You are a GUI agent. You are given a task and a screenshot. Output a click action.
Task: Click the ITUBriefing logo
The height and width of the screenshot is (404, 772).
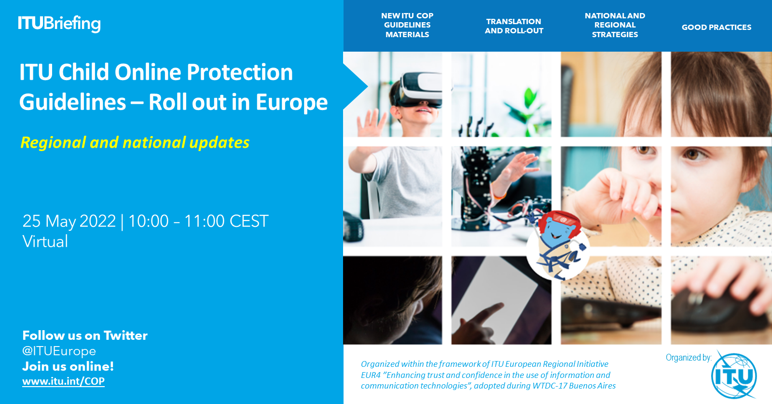click(59, 23)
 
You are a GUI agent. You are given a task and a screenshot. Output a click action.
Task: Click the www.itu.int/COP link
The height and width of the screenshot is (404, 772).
click(63, 381)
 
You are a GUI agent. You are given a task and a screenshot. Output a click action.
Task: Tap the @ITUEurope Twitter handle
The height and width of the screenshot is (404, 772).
click(59, 351)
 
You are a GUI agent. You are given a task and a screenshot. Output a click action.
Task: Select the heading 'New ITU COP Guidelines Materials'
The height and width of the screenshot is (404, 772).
click(407, 25)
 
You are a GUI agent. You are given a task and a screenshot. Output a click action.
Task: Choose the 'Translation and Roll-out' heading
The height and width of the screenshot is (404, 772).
click(514, 26)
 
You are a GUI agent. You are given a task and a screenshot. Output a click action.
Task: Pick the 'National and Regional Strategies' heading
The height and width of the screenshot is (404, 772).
click(615, 25)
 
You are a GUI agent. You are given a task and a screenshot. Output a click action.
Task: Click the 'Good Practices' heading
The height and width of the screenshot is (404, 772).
click(716, 28)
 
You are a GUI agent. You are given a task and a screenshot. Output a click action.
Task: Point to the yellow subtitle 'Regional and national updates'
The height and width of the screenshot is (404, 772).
click(135, 142)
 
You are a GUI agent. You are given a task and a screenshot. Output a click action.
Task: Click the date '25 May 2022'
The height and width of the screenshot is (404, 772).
click(69, 221)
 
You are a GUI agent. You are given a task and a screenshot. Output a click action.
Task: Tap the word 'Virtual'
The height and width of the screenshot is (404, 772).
click(45, 241)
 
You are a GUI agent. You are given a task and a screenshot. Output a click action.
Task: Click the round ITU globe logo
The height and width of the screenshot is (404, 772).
click(734, 376)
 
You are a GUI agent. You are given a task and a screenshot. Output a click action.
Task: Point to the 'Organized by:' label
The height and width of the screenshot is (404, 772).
click(688, 358)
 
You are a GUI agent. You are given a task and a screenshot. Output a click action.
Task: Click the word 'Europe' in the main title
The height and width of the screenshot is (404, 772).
click(291, 102)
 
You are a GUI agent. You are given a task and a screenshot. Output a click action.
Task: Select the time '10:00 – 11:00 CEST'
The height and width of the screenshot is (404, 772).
click(198, 221)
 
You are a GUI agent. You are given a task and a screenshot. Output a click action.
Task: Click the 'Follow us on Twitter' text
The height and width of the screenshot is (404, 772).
click(85, 335)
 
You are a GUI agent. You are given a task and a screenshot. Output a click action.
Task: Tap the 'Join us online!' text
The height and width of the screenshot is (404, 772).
click(68, 366)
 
